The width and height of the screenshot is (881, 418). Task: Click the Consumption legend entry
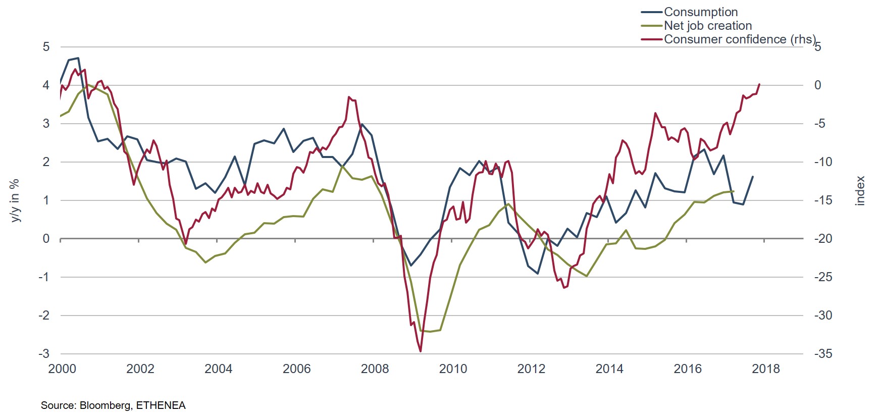[700, 12]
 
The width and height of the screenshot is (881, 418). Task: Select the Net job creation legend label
[707, 25]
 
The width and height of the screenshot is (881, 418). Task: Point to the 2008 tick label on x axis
[375, 369]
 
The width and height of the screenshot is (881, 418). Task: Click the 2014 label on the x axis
[609, 369]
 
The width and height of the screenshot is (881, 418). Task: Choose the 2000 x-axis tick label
[62, 369]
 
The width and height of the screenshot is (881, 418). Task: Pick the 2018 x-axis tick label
[765, 369]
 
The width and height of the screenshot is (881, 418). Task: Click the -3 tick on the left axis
[44, 354]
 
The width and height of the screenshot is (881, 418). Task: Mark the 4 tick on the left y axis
[46, 85]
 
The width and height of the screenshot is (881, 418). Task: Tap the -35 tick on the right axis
[823, 354]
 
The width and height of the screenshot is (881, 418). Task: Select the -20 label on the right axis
[823, 239]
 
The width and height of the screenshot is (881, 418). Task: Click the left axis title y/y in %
[15, 200]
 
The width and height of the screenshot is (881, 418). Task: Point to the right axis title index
[860, 191]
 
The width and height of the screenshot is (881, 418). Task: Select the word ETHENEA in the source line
[161, 405]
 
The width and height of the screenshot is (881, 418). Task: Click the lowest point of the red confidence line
[421, 351]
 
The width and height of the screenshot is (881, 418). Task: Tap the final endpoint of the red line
[759, 84]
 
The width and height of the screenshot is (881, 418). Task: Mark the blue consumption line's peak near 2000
[78, 58]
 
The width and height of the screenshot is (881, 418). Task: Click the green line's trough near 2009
[430, 332]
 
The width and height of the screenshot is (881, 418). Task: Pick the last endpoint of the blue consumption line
[753, 177]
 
